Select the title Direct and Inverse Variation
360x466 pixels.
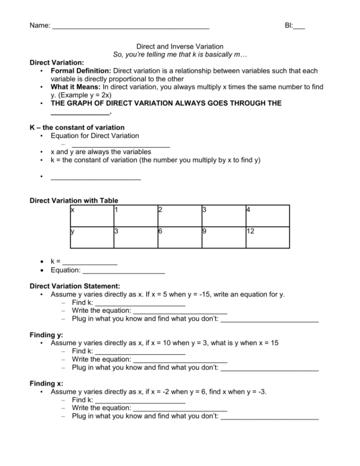tap(180, 47)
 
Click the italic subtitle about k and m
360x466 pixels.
tap(180, 54)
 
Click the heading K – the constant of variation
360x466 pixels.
tap(77, 127)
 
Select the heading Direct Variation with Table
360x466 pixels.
tap(74, 200)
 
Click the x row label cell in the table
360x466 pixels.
tap(92, 216)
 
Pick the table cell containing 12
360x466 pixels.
tap(267, 237)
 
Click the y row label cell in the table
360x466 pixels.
tap(92, 237)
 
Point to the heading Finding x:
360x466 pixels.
tap(46, 383)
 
